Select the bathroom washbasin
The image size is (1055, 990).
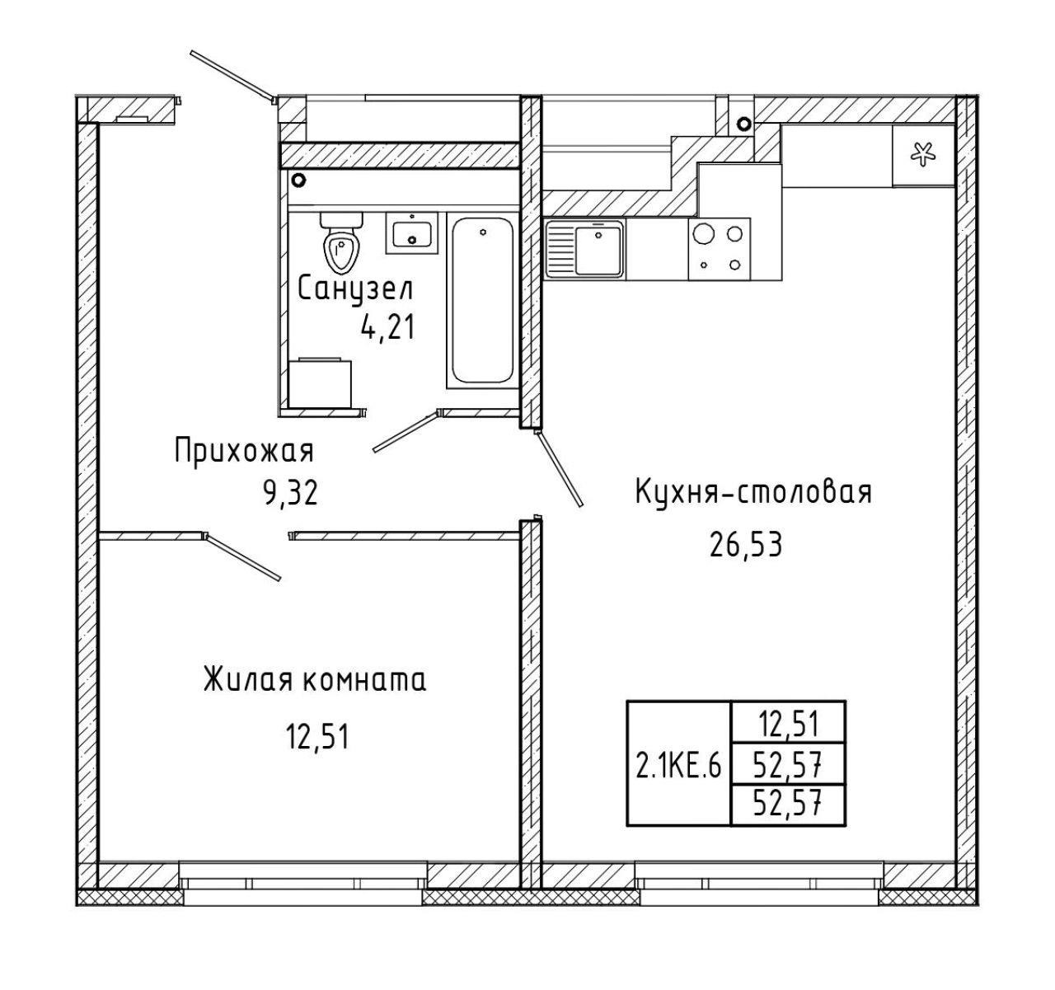(x=411, y=233)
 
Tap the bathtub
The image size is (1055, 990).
(x=482, y=300)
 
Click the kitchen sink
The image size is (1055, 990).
(x=585, y=249)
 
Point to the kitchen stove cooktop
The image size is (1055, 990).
(x=720, y=249)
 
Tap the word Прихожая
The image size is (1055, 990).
(x=244, y=452)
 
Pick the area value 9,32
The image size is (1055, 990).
(x=291, y=494)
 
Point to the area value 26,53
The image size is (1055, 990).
(x=746, y=545)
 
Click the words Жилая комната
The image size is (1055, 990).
(x=315, y=681)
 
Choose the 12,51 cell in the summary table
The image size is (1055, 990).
(x=788, y=723)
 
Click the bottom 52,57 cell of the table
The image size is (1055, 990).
(x=788, y=806)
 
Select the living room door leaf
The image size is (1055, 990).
(x=243, y=557)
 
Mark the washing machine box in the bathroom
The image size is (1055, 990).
(x=320, y=382)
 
